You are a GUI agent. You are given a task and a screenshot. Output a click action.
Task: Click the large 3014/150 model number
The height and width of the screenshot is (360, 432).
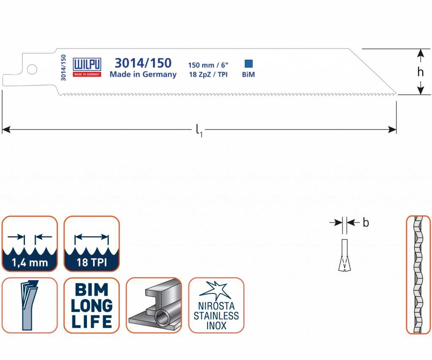143,63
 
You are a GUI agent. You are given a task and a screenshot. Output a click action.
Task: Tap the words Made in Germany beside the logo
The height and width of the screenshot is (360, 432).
143,75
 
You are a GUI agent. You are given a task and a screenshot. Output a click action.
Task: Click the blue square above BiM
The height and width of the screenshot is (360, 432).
248,64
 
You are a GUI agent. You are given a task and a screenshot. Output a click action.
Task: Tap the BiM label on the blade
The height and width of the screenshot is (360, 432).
248,75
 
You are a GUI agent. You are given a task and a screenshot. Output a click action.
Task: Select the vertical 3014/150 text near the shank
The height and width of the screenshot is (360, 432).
63,68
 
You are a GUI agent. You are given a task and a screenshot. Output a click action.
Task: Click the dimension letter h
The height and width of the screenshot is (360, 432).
420,72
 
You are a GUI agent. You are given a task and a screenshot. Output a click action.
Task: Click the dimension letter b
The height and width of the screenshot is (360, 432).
366,222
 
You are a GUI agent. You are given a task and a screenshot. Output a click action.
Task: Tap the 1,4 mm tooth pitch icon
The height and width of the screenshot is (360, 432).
30,244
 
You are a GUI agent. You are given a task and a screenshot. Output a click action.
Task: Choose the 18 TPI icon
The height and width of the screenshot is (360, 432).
92,244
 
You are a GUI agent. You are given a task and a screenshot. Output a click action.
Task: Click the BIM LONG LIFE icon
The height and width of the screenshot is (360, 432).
92,305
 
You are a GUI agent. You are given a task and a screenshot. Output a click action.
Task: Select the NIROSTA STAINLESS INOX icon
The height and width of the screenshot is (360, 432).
216,305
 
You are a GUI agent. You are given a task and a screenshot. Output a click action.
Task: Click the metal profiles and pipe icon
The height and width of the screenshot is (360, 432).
154,305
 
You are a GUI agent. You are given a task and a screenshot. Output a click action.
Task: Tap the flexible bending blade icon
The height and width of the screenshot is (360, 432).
30,305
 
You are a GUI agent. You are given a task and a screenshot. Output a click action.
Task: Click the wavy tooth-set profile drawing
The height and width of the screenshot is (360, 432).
418,275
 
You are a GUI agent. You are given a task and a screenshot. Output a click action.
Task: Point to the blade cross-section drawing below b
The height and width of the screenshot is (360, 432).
345,256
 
